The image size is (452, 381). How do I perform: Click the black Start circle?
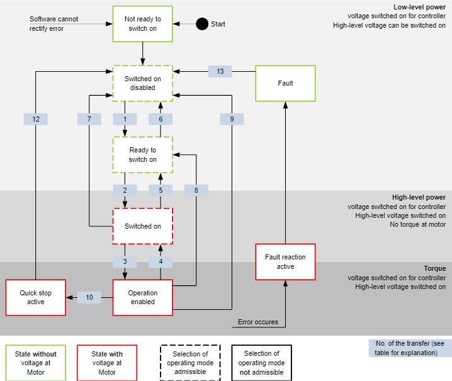[x=202, y=24]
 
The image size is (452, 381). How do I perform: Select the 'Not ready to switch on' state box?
[x=143, y=24]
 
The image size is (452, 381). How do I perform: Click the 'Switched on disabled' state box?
[x=143, y=83]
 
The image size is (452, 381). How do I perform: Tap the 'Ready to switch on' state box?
[x=143, y=155]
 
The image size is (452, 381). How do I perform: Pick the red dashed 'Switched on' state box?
[x=143, y=226]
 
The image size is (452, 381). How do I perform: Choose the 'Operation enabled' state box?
[x=143, y=297]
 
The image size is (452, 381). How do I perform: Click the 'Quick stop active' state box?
[x=36, y=297]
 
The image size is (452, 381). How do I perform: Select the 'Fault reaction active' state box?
[x=285, y=261]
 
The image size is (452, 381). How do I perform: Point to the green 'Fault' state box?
[x=285, y=83]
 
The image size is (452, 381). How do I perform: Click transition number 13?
[x=220, y=71]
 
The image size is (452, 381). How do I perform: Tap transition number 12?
[x=36, y=119]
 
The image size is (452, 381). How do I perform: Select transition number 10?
[x=89, y=297]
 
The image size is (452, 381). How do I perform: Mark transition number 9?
[x=232, y=119]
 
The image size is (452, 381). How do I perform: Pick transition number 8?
[x=196, y=190]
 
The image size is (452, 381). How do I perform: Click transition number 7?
[x=89, y=119]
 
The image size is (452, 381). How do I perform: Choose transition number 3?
[x=125, y=261]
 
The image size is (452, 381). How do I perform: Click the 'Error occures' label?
[x=258, y=322]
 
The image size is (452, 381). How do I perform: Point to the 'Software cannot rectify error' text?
[x=55, y=24]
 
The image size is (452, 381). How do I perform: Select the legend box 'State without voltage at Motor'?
[x=35, y=363]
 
